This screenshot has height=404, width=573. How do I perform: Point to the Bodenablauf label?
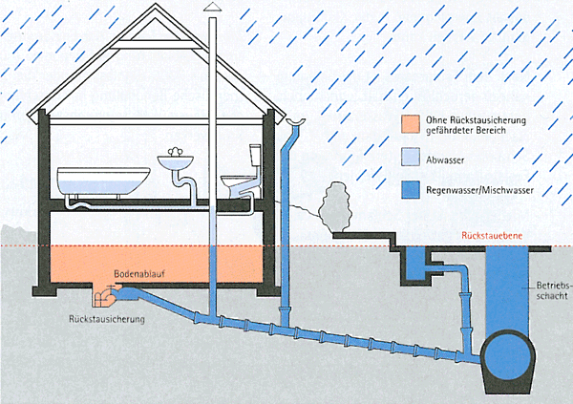coord(135,274)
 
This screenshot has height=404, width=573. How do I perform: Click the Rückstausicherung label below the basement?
coord(107,319)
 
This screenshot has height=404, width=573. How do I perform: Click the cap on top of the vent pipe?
coord(212,8)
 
